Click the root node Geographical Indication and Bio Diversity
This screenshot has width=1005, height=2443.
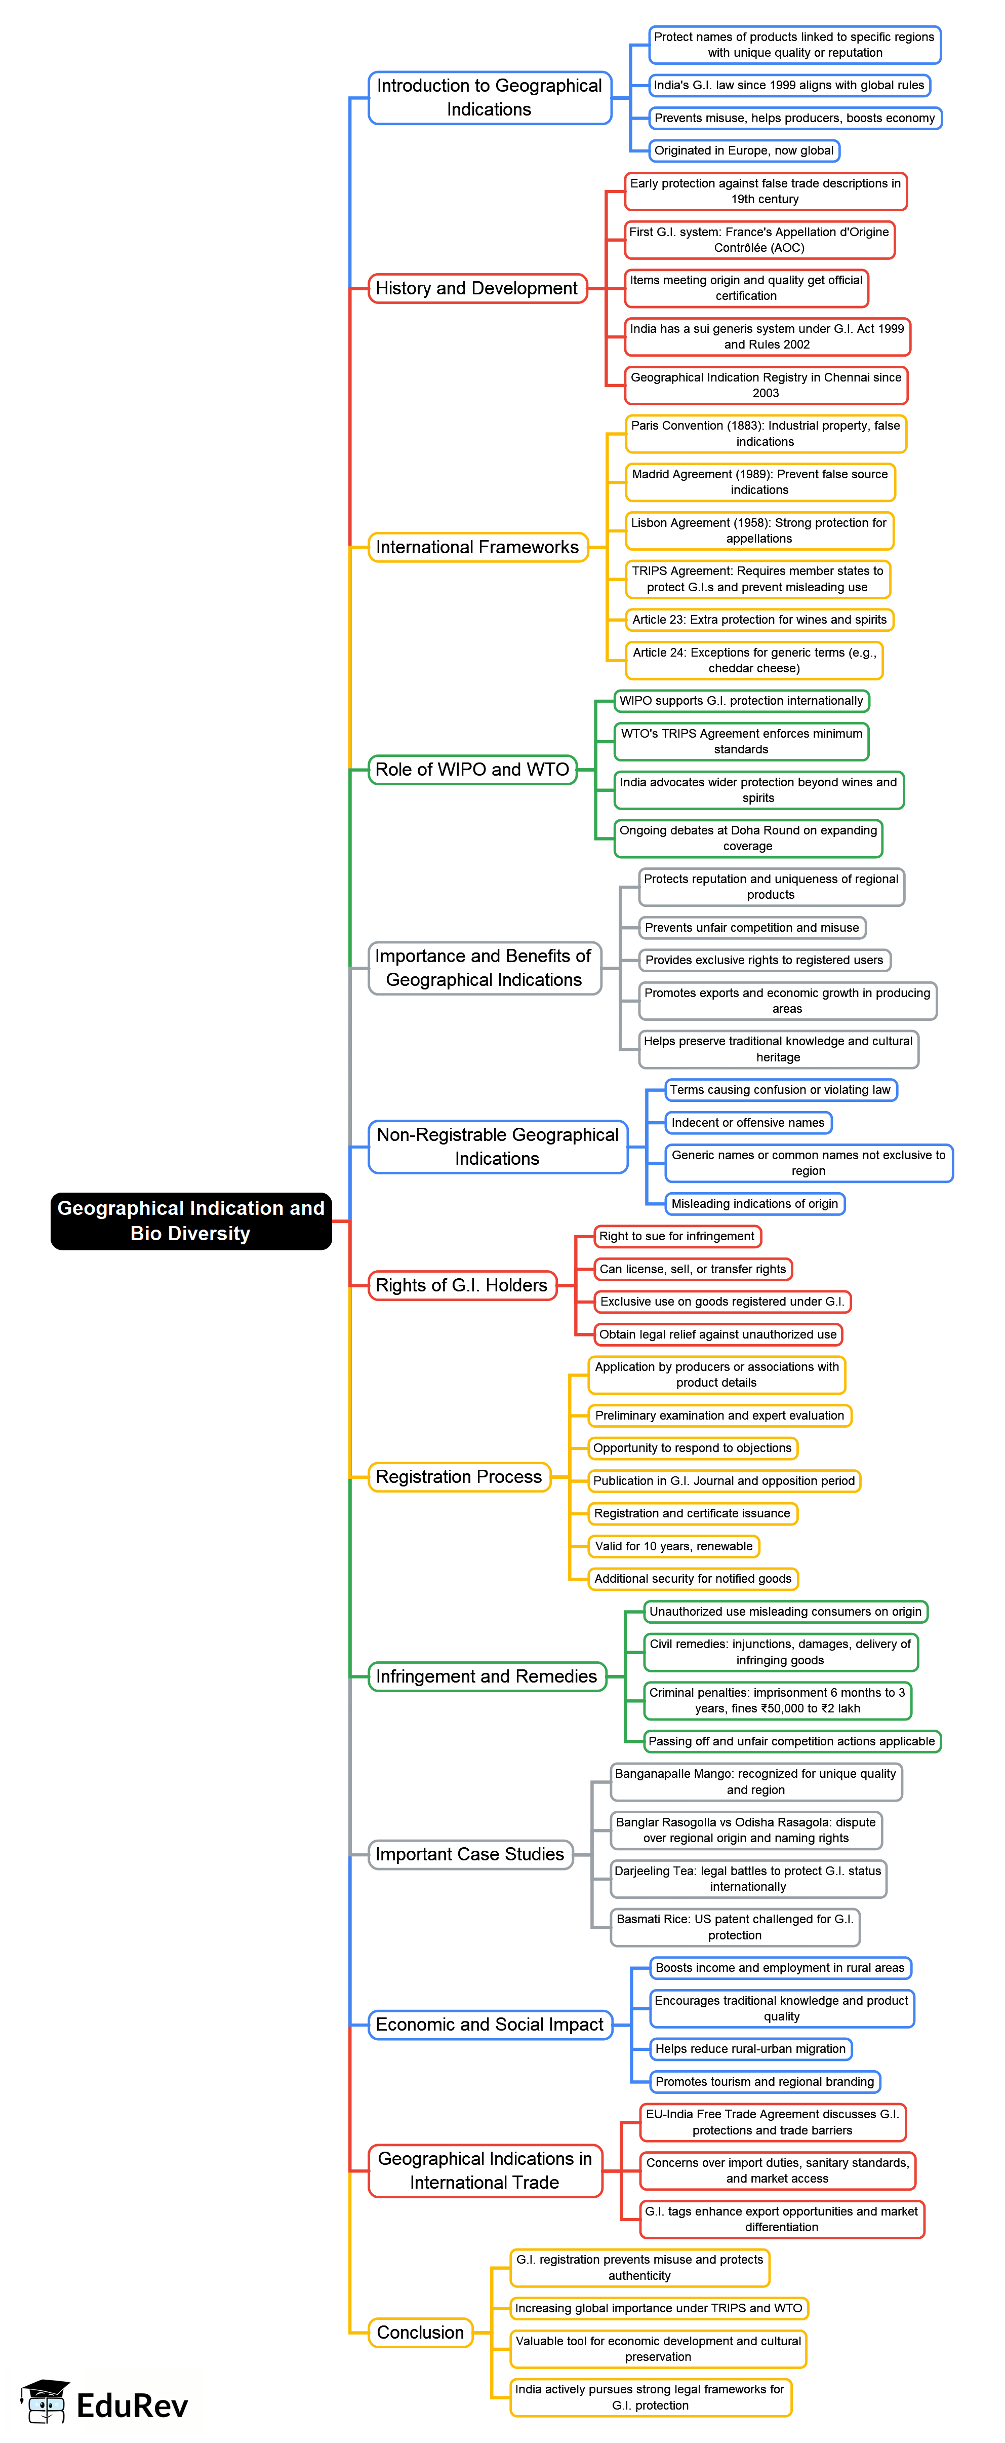(190, 1220)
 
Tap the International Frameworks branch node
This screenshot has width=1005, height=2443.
(477, 547)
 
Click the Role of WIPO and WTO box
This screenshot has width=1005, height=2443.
(472, 769)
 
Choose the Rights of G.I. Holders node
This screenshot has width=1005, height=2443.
(462, 1285)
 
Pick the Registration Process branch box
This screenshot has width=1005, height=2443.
(459, 1477)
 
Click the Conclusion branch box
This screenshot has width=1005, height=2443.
(420, 2332)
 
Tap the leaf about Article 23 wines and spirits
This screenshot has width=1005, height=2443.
(759, 619)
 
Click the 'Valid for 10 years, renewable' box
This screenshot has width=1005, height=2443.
(674, 1546)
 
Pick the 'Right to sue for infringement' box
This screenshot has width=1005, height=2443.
(677, 1236)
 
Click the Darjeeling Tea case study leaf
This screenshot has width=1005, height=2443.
(748, 1878)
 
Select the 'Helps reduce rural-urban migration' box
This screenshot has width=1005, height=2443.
(750, 2048)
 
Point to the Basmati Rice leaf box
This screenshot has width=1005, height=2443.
(735, 1926)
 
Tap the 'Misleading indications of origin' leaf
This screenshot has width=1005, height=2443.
(755, 1203)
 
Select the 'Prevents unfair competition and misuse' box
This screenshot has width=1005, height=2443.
(752, 928)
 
